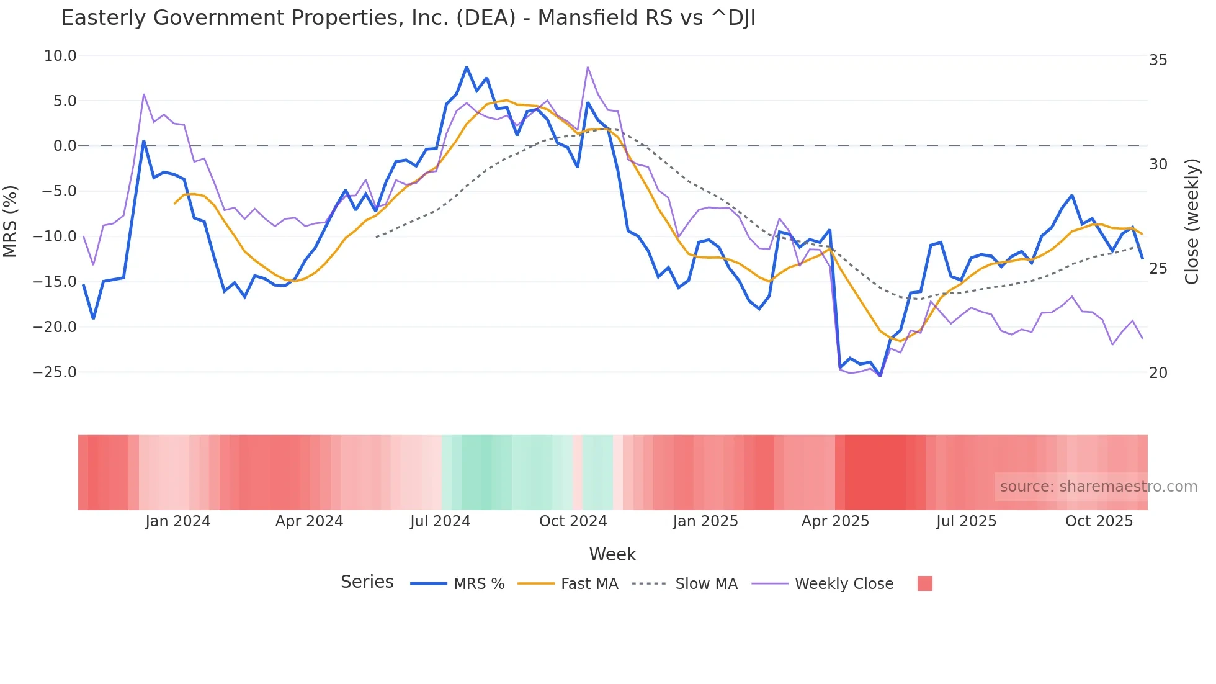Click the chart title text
[x=408, y=18]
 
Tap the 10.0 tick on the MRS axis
[x=60, y=56]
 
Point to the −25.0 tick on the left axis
[x=55, y=372]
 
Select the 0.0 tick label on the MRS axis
[x=65, y=146]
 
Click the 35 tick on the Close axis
[x=1158, y=60]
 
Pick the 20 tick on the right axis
[x=1158, y=373]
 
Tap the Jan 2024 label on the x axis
[x=178, y=521]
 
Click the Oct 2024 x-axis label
[x=573, y=521]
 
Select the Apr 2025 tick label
[x=835, y=521]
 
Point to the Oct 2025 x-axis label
[x=1099, y=521]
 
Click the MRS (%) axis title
[x=11, y=221]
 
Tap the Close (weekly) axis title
[x=1191, y=222]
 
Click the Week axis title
[x=612, y=554]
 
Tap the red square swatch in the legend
[x=924, y=583]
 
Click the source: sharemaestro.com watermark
[x=1098, y=487]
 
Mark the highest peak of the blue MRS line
[x=467, y=67]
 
